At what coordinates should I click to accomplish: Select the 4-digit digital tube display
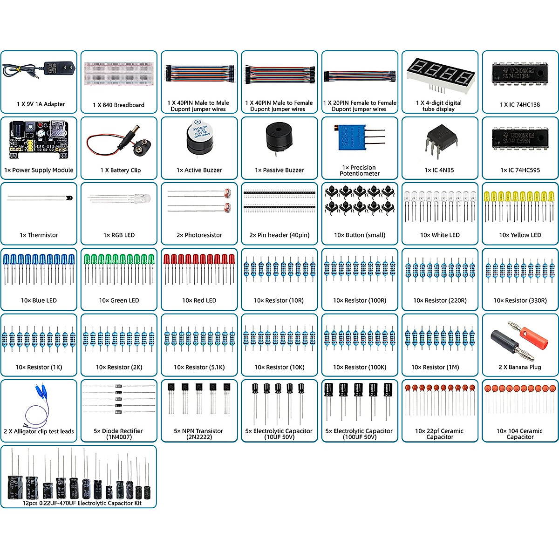[x=440, y=75]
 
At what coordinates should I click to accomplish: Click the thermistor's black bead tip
[x=70, y=198]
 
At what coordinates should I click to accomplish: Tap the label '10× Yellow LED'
[x=520, y=235]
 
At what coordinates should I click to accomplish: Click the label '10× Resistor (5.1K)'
[x=199, y=367]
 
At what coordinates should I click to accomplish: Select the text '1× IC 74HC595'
[x=520, y=170]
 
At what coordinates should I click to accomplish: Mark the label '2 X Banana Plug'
[x=520, y=367]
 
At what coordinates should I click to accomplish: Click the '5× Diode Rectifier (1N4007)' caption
[x=119, y=434]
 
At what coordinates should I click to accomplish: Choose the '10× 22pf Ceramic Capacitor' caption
[x=439, y=434]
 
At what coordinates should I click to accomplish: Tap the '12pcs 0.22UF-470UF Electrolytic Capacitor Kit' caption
[x=82, y=503]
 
